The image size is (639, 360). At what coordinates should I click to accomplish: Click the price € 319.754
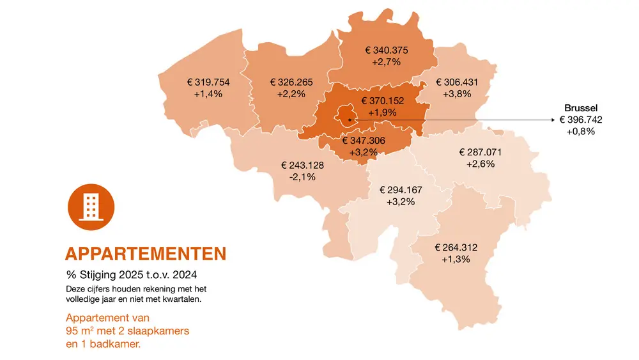pyautogui.click(x=208, y=82)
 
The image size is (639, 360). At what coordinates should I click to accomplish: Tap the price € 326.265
pyautogui.click(x=291, y=82)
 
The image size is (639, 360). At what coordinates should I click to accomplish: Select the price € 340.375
pyautogui.click(x=386, y=50)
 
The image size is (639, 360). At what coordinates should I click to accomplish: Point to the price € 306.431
pyautogui.click(x=457, y=82)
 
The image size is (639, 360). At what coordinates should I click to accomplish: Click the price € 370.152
pyautogui.click(x=383, y=100)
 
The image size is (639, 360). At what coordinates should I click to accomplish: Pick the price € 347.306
pyautogui.click(x=364, y=140)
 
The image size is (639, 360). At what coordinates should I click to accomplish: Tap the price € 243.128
pyautogui.click(x=302, y=165)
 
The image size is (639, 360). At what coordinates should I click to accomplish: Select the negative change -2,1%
pyautogui.click(x=302, y=176)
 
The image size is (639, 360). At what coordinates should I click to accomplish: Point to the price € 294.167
pyautogui.click(x=401, y=190)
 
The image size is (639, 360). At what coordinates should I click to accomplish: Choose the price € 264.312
pyautogui.click(x=456, y=247)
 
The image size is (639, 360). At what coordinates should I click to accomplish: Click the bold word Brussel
pyautogui.click(x=580, y=108)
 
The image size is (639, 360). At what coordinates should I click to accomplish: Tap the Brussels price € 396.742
pyautogui.click(x=580, y=120)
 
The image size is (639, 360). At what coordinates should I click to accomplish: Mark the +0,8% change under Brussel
pyautogui.click(x=580, y=131)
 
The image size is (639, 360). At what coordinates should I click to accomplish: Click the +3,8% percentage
pyautogui.click(x=457, y=94)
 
